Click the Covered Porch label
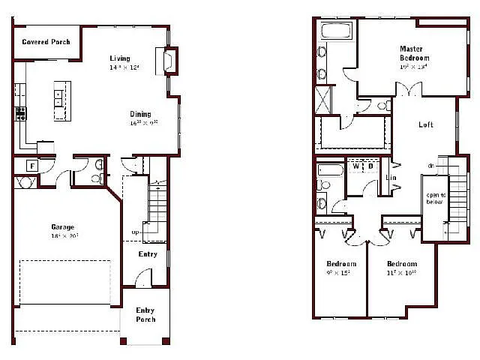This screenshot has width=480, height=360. coord(46,42)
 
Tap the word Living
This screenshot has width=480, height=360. coord(119,58)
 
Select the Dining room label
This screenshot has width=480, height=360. coord(140,114)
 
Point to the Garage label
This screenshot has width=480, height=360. coord(62,227)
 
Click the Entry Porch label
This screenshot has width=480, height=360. coord(145,315)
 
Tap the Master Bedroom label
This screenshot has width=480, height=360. coord(414,53)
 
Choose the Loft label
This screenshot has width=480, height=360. coord(426,124)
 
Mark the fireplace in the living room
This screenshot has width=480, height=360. coord(170,60)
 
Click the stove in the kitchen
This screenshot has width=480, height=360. coord(20,114)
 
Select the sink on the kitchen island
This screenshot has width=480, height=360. coord(59,95)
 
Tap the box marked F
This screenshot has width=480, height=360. coord(33,165)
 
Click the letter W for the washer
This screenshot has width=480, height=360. coord(356,166)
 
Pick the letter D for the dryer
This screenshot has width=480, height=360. coord(370,166)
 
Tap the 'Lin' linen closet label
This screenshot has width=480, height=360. coord(391,178)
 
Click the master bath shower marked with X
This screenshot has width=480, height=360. coord(325,99)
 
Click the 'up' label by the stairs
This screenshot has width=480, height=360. coord(135,232)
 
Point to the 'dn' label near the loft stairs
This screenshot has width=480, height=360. coord(431,166)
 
